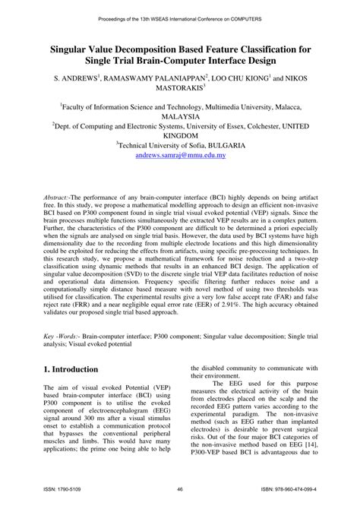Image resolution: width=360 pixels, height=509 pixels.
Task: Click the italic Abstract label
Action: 58,195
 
